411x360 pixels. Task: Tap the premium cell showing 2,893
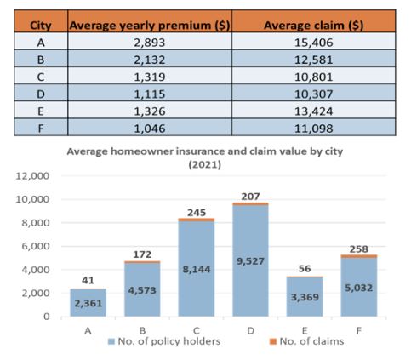coord(150,43)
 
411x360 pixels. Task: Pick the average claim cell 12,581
coord(313,60)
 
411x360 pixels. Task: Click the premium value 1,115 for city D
coord(150,94)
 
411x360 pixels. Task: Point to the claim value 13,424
coord(313,111)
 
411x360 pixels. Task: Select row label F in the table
coord(41,129)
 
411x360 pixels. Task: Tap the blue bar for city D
coord(250,260)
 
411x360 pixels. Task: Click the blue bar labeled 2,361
coord(88,303)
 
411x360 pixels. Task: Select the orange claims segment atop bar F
coord(359,256)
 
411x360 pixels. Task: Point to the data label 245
coord(197,213)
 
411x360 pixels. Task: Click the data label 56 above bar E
coord(305,269)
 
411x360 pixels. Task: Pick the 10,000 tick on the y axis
coord(32,199)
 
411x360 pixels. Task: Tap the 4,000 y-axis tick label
coord(36,270)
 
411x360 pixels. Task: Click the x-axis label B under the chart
coord(142,330)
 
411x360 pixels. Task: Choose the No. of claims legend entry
coord(307,341)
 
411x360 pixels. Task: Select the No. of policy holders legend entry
coord(164,341)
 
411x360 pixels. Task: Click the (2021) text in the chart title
coord(205,164)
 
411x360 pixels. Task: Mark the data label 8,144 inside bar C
coord(197,269)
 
